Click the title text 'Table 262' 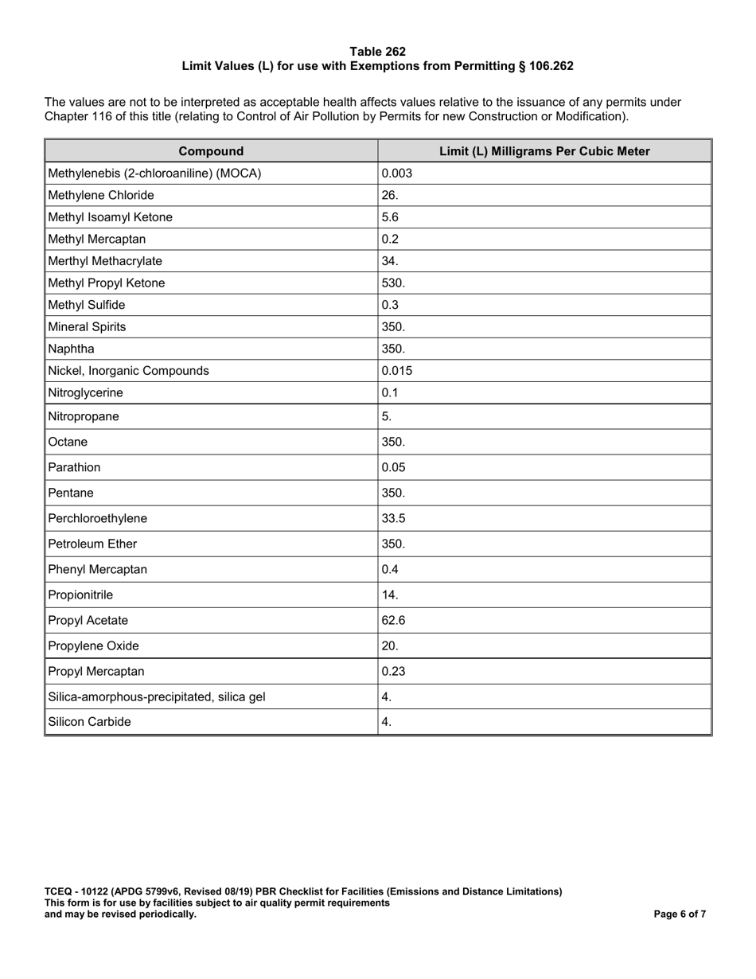coord(377,52)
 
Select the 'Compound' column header coord(211,151)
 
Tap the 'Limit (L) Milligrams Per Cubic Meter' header coord(544,151)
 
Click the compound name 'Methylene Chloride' coord(101,195)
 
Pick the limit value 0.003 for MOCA coord(397,173)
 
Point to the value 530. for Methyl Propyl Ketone coord(394,283)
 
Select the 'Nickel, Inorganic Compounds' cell coord(129,370)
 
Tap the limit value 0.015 coord(397,370)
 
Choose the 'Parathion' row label coord(75,467)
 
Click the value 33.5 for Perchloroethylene coord(394,518)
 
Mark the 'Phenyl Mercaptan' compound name coord(98,569)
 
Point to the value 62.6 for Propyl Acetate coord(394,620)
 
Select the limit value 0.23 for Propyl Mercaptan coord(394,671)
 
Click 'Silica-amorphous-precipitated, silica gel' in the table coord(157,696)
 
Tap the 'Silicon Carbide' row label coord(90,722)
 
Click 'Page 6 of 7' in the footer coord(680,915)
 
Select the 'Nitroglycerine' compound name coord(86,392)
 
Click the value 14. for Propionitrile coord(390,595)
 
